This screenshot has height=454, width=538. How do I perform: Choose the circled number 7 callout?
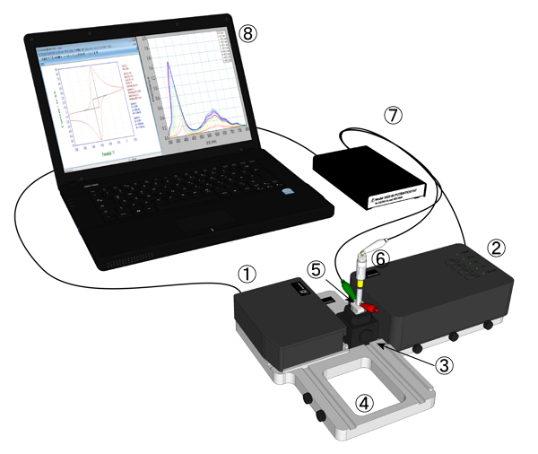[391, 116]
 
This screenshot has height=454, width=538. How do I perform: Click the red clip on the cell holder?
[371, 308]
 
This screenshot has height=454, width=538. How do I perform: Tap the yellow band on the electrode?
[360, 284]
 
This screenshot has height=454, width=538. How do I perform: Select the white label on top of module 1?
[302, 291]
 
